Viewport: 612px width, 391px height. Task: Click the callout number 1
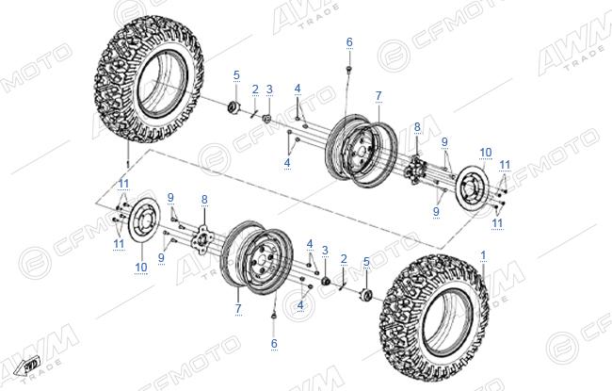pos(483,256)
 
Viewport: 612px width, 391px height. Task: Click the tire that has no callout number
pos(149,78)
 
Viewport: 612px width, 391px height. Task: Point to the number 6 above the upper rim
pos(349,41)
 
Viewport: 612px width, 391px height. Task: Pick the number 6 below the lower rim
pos(274,343)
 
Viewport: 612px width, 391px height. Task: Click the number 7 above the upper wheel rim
pos(378,96)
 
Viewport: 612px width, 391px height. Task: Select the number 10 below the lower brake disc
pos(141,268)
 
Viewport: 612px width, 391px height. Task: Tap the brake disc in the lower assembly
pos(140,220)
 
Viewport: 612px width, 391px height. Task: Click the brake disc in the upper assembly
pos(473,187)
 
